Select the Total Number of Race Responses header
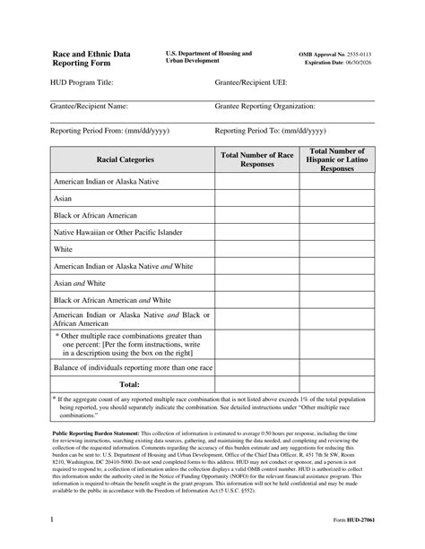click(257, 159)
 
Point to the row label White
click(63, 248)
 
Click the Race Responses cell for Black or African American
click(257, 215)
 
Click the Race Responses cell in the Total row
click(257, 384)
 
